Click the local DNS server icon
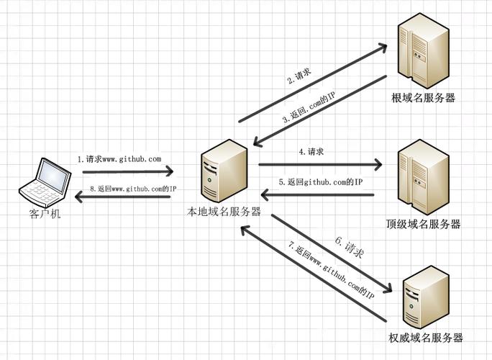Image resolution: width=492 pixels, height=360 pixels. (224, 171)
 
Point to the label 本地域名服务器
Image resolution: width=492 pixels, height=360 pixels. (224, 212)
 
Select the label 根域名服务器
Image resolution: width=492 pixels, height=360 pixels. (423, 98)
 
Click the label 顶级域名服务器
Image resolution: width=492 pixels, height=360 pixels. (423, 224)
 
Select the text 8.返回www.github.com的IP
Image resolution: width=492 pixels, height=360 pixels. (134, 189)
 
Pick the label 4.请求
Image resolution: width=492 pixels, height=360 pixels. (311, 152)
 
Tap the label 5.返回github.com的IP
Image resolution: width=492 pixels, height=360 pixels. (319, 182)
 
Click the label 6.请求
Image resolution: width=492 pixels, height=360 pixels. (350, 248)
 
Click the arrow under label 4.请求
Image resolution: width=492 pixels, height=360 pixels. (320, 165)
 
